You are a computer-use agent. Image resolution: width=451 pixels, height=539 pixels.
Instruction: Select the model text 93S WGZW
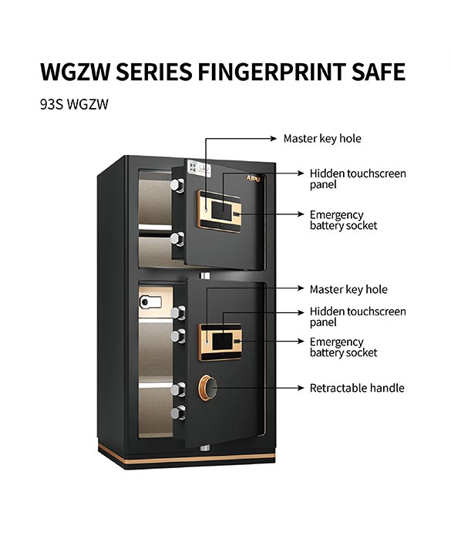pyautogui.click(x=74, y=105)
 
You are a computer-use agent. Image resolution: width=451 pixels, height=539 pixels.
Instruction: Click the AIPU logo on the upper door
pyautogui.click(x=253, y=178)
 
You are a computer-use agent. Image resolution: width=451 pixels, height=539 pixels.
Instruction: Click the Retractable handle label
pyautogui.click(x=357, y=388)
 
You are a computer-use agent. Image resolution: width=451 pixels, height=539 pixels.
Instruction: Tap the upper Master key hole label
pyautogui.click(x=322, y=139)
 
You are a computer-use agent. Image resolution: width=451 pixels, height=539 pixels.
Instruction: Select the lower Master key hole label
pyautogui.click(x=348, y=289)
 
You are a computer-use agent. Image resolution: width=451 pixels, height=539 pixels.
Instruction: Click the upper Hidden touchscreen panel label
pyautogui.click(x=358, y=179)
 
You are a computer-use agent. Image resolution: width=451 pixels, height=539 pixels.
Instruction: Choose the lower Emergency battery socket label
pyautogui.click(x=343, y=347)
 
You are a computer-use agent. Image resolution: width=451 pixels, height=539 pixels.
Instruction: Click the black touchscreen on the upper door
pyautogui.click(x=221, y=211)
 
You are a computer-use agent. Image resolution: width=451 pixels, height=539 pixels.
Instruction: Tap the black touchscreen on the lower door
pyautogui.click(x=222, y=340)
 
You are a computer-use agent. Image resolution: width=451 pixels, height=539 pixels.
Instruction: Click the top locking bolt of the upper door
pyautogui.click(x=177, y=185)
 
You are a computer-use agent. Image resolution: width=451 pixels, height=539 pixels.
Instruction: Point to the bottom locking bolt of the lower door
pyautogui.click(x=178, y=413)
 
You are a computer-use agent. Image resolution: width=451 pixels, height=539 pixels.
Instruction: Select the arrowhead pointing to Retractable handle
pyautogui.click(x=301, y=388)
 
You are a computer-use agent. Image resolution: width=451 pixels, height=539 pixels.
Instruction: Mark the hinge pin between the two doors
pyautogui.click(x=205, y=276)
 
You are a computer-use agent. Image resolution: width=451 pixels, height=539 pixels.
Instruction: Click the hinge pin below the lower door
pyautogui.click(x=205, y=447)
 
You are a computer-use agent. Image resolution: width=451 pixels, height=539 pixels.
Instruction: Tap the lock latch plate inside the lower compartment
pyautogui.click(x=150, y=302)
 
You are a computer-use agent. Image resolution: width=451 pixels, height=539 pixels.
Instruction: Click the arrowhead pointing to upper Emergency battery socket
pyautogui.click(x=301, y=214)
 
